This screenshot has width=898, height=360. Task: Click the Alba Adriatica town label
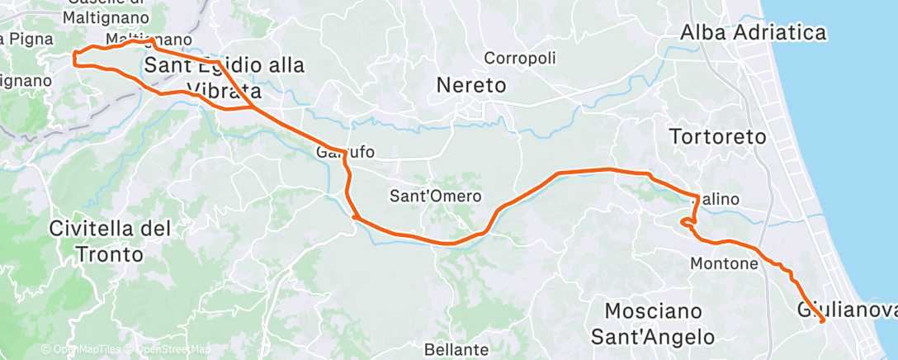(753, 33)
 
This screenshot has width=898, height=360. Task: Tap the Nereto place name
(470, 85)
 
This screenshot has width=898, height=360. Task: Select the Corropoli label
(520, 59)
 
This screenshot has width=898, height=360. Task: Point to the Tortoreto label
(718, 137)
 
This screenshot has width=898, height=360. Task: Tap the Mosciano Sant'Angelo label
(659, 324)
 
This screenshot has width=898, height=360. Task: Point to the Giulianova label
(846, 310)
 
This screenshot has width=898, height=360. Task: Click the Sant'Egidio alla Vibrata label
(224, 77)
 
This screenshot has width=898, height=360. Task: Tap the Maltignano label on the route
(149, 40)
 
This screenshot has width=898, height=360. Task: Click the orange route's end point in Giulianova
(823, 320)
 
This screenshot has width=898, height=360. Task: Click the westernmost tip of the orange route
(74, 58)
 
